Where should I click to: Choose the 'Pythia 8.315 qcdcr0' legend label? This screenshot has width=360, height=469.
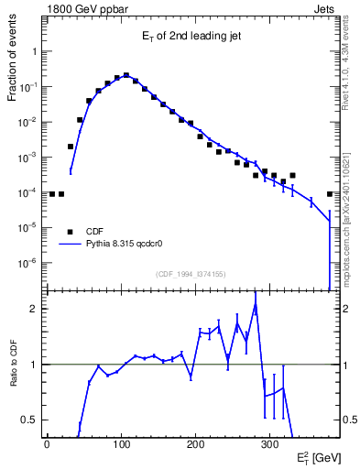coord(126,245)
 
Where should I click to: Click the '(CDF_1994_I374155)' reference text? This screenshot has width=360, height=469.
coord(191,274)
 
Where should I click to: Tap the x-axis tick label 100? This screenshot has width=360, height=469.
coord(121,444)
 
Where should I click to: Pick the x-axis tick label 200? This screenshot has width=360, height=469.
coord(195,444)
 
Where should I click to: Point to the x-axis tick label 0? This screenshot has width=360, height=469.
coord(47,444)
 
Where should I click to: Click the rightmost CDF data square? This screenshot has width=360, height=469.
coord(330,194)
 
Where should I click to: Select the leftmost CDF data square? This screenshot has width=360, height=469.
coord(52,194)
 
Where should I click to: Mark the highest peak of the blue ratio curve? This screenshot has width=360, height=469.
coord(256,305)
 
